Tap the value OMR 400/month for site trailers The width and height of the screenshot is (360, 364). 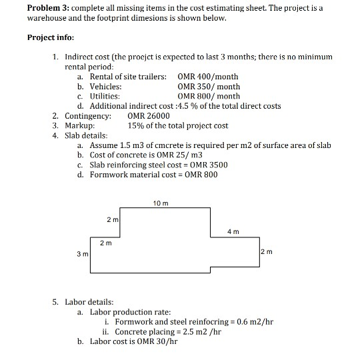[x=208, y=77]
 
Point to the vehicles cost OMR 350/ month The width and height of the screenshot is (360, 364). [x=209, y=87]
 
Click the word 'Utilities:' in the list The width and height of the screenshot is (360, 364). [x=105, y=96]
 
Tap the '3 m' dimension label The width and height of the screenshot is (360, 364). [x=81, y=254]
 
